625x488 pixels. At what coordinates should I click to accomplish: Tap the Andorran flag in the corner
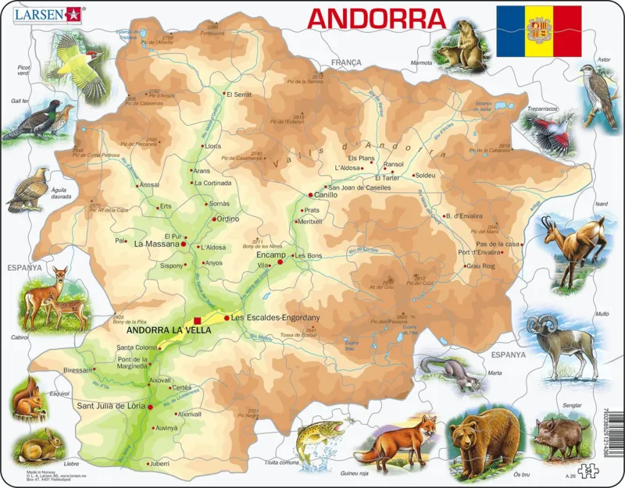(539, 30)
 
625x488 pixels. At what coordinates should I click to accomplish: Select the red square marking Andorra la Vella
(198, 320)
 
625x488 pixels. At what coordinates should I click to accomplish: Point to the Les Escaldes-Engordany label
(277, 318)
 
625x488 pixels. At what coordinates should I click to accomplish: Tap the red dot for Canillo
(310, 195)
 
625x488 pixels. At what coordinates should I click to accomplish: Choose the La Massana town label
(156, 244)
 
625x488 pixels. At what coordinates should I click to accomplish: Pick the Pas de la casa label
(498, 244)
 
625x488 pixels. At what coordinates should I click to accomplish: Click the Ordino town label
(227, 219)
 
